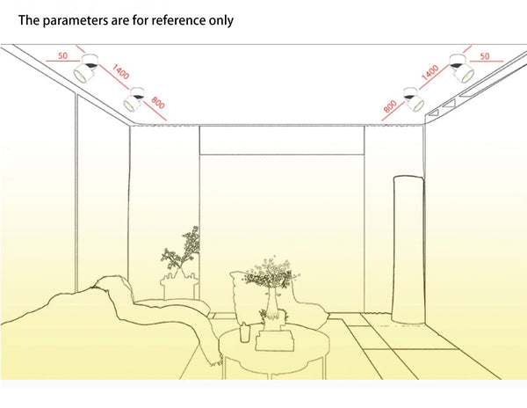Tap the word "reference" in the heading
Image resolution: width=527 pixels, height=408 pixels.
[x=178, y=20]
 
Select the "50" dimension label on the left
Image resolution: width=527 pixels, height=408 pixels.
[x=63, y=55]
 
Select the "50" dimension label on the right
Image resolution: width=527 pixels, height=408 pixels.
[x=485, y=56]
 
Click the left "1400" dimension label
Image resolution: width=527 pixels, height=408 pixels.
[x=120, y=71]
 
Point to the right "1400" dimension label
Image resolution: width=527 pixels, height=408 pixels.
[x=430, y=72]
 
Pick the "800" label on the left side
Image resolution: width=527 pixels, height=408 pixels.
[x=158, y=103]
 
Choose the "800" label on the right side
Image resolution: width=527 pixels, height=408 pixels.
[x=390, y=106]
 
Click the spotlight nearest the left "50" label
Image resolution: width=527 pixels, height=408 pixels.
[x=86, y=69]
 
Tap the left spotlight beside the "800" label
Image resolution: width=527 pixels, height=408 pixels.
[x=134, y=99]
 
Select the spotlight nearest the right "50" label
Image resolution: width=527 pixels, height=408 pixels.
[x=462, y=68]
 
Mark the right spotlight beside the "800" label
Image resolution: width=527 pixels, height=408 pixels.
[x=414, y=98]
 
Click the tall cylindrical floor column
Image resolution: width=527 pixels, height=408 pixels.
[x=408, y=249]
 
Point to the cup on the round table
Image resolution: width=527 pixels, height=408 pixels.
[x=245, y=332]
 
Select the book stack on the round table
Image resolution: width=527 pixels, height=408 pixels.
[x=275, y=339]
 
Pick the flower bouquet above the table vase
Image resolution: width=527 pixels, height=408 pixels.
[x=271, y=273]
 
